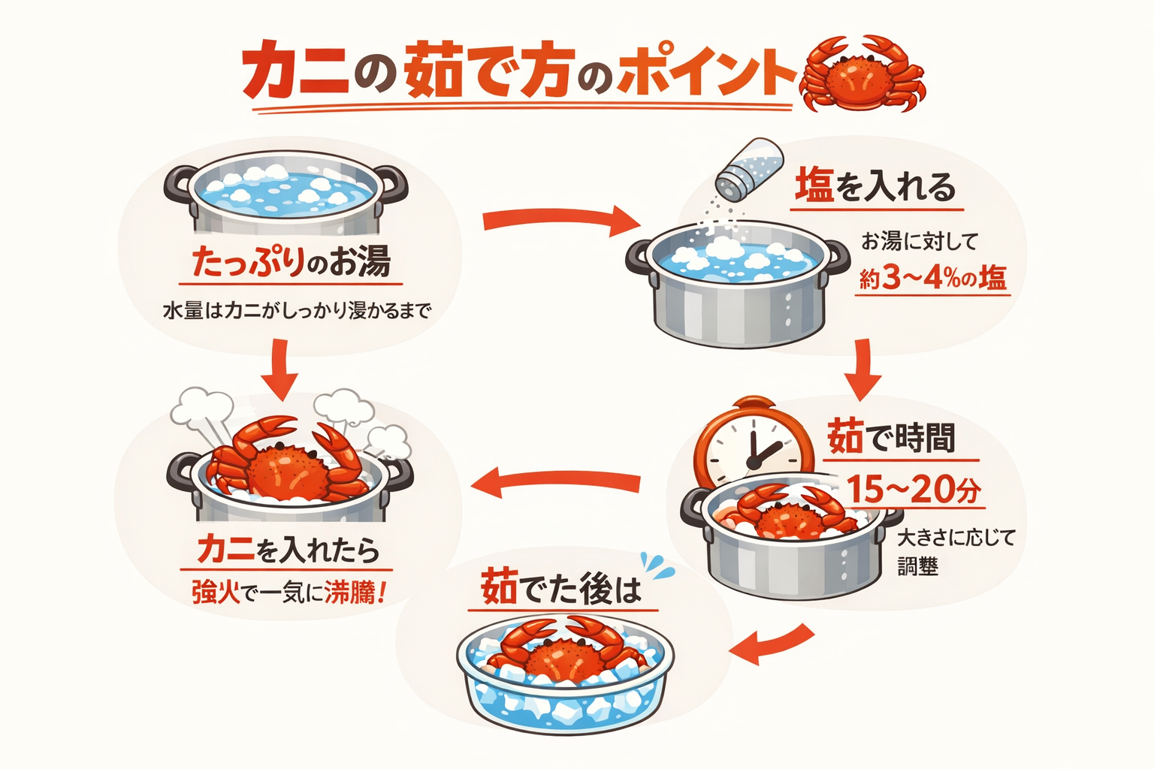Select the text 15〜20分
[x=914, y=490]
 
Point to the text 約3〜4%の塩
[x=932, y=279]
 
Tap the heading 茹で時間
[x=891, y=438]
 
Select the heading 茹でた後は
[x=562, y=588]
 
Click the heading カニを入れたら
[x=288, y=550]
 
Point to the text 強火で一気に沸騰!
[x=289, y=593]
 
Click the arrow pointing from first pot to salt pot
[x=560, y=220]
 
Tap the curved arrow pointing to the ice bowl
[x=772, y=644]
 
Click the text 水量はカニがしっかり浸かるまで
[x=298, y=309]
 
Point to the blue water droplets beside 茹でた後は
[x=657, y=565]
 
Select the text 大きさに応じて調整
[x=955, y=551]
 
